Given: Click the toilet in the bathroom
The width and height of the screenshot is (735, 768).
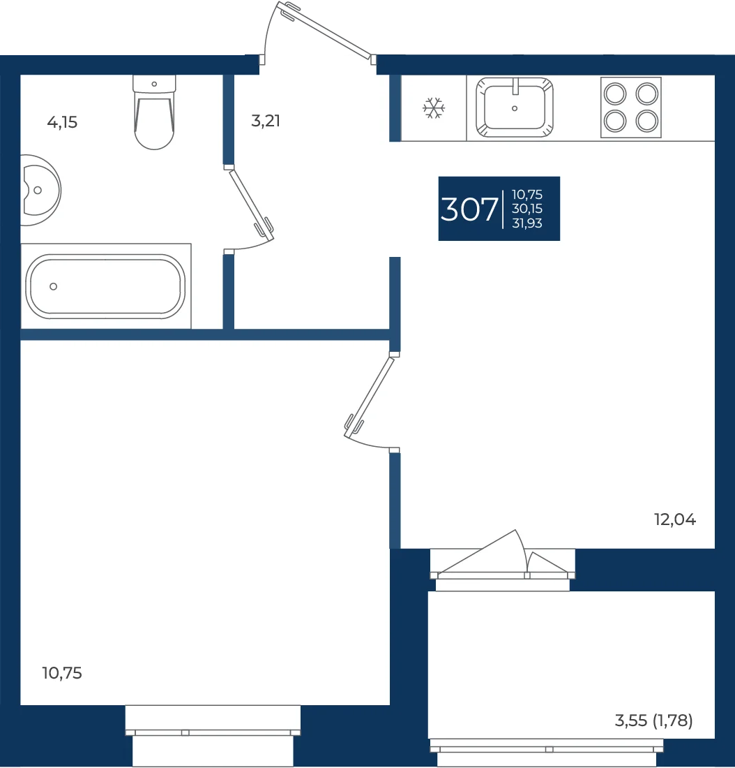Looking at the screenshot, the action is pyautogui.click(x=154, y=112).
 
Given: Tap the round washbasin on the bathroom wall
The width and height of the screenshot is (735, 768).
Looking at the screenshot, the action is pyautogui.click(x=40, y=190).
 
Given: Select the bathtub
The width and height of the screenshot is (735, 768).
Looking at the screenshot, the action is pyautogui.click(x=106, y=286).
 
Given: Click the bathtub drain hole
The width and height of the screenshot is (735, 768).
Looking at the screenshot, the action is pyautogui.click(x=53, y=286).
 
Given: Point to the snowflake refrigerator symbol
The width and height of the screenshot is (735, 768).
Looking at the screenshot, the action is pyautogui.click(x=434, y=108).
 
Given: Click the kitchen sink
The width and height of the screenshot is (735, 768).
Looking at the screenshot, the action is pyautogui.click(x=515, y=108).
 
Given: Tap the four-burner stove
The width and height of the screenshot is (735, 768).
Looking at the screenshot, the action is pyautogui.click(x=631, y=108).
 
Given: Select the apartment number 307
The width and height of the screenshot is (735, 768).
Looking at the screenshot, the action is pyautogui.click(x=469, y=209).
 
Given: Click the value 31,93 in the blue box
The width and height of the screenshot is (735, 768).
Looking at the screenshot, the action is pyautogui.click(x=527, y=223).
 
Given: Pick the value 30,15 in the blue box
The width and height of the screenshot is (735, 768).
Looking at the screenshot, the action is pyautogui.click(x=527, y=209).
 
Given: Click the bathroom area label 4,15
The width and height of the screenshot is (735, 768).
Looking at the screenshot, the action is pyautogui.click(x=62, y=122).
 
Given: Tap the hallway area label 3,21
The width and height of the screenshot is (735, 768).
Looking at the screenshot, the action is pyautogui.click(x=266, y=121).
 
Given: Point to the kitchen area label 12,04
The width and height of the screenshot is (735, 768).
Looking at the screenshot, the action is pyautogui.click(x=675, y=519).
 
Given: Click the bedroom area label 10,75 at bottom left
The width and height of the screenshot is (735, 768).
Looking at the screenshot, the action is pyautogui.click(x=62, y=673).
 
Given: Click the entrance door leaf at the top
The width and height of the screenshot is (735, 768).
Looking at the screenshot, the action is pyautogui.click(x=324, y=30).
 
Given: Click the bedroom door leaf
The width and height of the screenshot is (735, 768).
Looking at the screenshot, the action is pyautogui.click(x=369, y=397).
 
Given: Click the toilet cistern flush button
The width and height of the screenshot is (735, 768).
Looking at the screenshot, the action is pyautogui.click(x=154, y=84).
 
